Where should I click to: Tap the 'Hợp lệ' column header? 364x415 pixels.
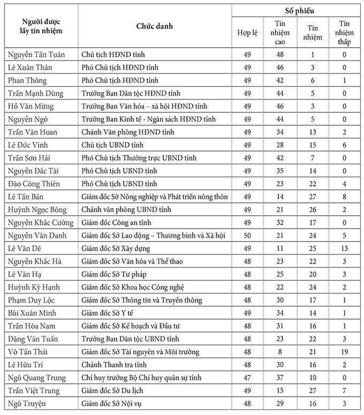[247, 33]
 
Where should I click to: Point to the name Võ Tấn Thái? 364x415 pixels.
[29, 352]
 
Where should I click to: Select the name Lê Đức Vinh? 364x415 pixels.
[27, 145]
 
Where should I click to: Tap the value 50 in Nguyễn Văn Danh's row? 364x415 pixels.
[247, 236]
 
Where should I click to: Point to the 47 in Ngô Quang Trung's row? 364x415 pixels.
[247, 378]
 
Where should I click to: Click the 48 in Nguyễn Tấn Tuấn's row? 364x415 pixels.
[279, 55]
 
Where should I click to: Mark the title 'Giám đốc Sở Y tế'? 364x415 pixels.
[107, 313]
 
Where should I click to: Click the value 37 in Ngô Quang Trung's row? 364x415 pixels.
[279, 378]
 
